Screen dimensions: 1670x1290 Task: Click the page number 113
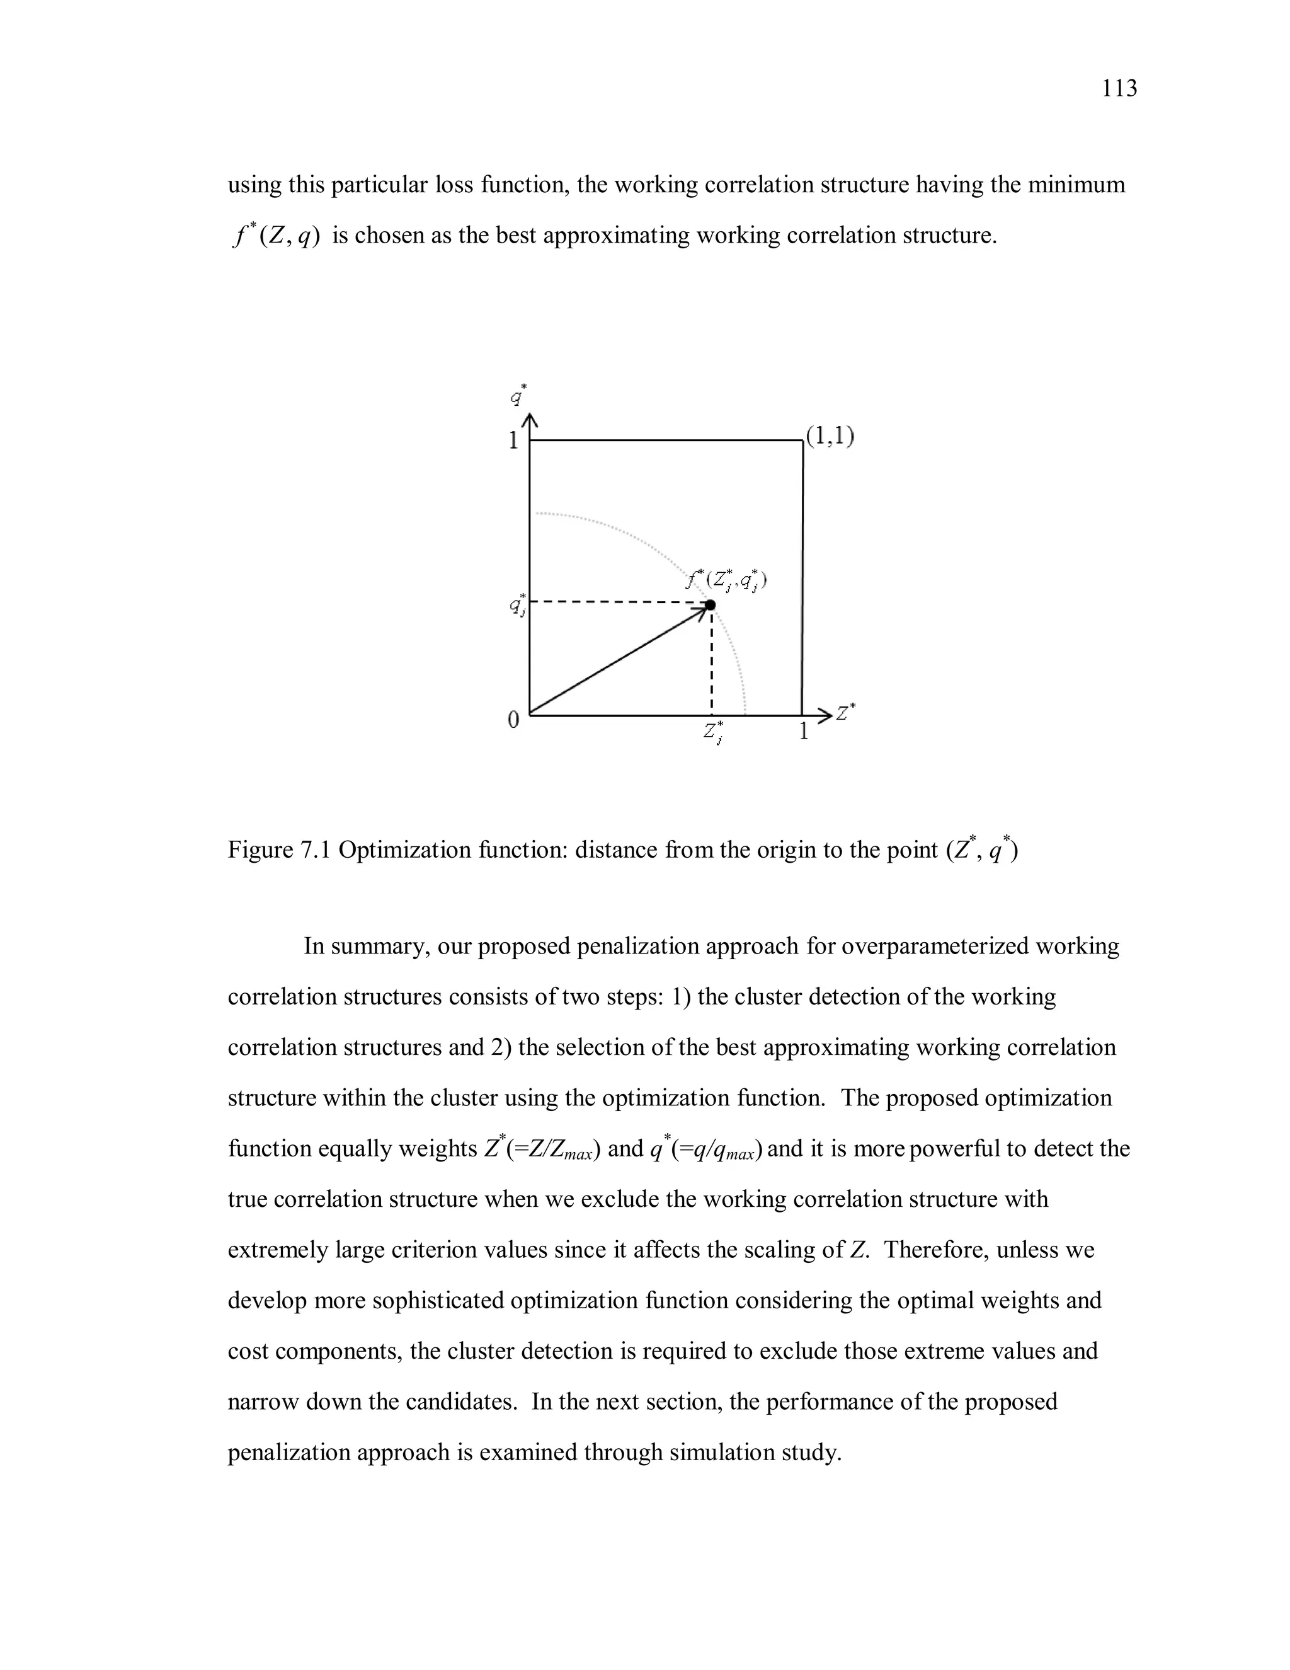click(1119, 89)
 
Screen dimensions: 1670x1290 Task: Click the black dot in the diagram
click(710, 605)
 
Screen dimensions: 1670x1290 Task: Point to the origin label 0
click(513, 720)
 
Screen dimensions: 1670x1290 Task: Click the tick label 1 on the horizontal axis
click(803, 732)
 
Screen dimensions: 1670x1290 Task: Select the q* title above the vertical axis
click(519, 395)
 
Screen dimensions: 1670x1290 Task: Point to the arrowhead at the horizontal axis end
click(823, 716)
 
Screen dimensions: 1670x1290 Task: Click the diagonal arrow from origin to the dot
click(619, 660)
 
